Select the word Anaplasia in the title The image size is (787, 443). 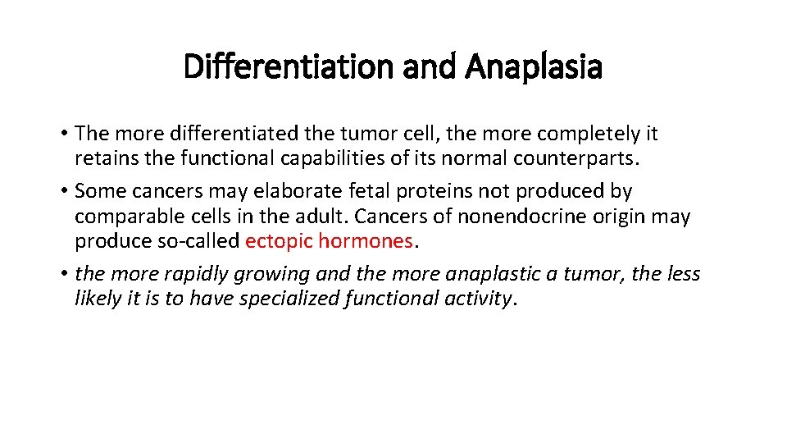(x=534, y=66)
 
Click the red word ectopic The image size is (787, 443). (x=279, y=241)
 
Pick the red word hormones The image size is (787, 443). (x=366, y=241)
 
